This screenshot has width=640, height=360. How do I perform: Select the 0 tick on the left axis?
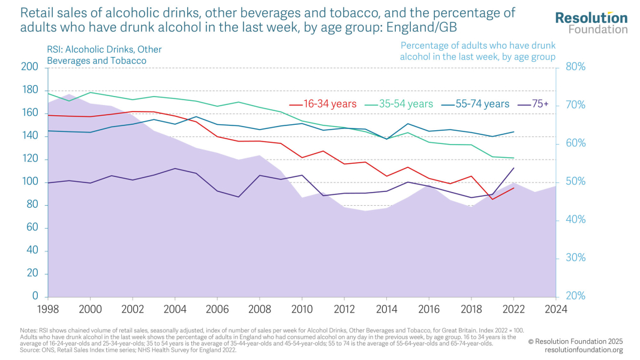[x=35, y=296]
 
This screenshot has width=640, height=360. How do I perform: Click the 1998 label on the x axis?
[x=48, y=310]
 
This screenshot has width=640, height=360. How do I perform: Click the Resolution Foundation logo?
[x=591, y=23]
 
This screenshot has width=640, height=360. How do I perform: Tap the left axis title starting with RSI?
[x=104, y=55]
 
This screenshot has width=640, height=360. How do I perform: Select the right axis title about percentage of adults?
[x=477, y=51]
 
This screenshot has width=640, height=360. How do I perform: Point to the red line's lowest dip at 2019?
[x=492, y=199]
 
